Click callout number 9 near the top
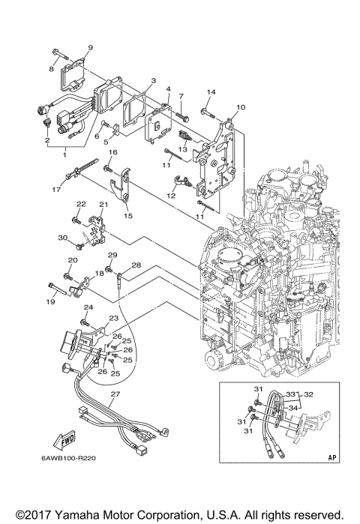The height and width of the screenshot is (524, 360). (89, 47)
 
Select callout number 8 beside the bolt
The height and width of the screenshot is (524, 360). (52, 68)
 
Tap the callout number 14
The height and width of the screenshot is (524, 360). (211, 92)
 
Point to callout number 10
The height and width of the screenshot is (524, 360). (241, 107)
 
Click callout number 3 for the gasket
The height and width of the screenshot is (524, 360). (152, 81)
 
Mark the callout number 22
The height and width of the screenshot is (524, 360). (81, 204)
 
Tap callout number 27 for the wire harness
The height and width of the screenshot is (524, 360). (115, 394)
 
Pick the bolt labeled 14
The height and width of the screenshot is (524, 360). (208, 112)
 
